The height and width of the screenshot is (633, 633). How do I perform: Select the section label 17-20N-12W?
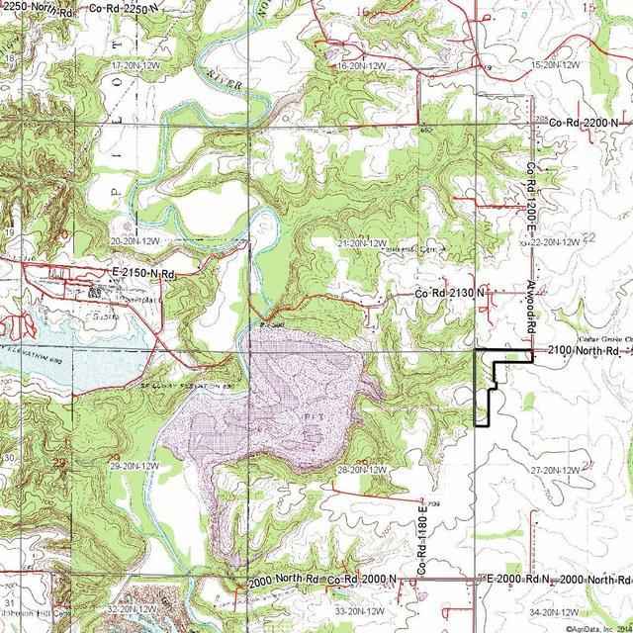(x=136, y=64)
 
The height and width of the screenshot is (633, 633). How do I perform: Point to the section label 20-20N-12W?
(x=136, y=240)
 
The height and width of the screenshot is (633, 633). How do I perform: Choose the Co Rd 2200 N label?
(x=585, y=122)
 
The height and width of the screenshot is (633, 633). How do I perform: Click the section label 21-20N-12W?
(x=362, y=241)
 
